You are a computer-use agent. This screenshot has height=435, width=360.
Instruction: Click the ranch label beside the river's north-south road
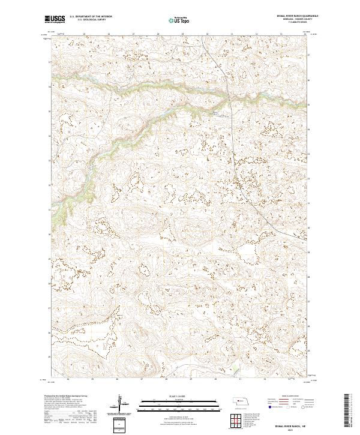pyautogui.click(x=215, y=112)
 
